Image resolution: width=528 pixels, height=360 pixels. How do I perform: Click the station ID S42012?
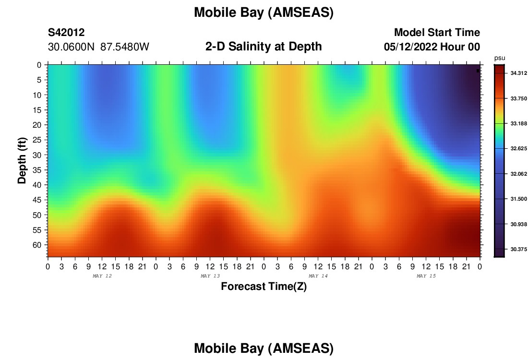(66, 33)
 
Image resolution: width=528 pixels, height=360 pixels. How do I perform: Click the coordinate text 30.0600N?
(71, 47)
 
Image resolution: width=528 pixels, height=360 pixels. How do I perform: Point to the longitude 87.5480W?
(125, 47)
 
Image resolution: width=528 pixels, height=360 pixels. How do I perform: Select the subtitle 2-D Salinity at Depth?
(264, 47)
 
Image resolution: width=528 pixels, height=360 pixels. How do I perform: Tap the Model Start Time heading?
(437, 33)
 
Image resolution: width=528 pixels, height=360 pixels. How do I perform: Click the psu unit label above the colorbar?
(500, 58)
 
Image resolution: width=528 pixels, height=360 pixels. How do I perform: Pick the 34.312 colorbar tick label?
(518, 73)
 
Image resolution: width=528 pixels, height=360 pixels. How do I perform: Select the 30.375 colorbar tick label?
(518, 249)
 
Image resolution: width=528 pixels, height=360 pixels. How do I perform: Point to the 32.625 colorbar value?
(518, 148)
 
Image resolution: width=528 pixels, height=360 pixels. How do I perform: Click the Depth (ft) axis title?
(22, 161)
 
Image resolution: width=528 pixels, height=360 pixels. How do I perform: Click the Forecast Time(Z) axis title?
(264, 287)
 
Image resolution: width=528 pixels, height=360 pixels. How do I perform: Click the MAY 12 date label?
(102, 276)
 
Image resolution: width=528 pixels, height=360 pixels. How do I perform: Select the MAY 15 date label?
(426, 276)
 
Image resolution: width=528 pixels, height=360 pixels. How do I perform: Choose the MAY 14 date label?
(318, 276)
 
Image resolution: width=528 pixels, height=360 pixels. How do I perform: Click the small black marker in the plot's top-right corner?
(478, 71)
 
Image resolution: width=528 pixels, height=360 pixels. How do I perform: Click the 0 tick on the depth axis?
(39, 65)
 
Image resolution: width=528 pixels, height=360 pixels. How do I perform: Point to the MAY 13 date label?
(210, 276)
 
